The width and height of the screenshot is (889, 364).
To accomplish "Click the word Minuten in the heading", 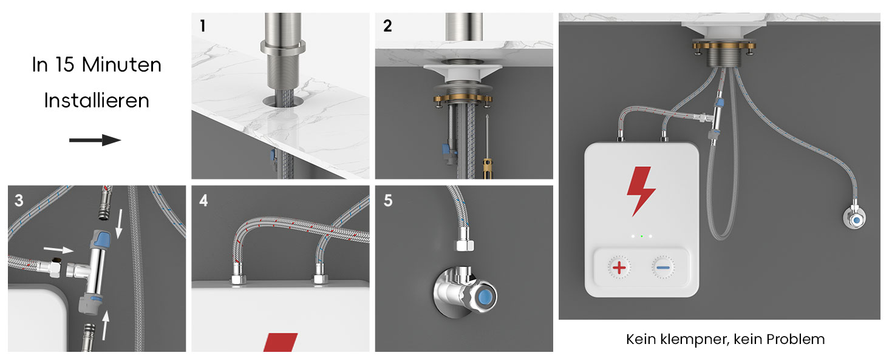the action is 121,65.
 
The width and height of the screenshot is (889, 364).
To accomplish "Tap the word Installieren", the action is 97,100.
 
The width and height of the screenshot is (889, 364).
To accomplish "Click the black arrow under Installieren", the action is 95,140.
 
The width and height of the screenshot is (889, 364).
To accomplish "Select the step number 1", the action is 203,25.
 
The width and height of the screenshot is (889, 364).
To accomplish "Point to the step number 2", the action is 387,25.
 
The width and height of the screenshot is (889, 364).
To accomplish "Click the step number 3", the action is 19,200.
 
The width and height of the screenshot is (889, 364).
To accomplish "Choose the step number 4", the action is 203,200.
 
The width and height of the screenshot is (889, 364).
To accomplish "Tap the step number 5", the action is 388,200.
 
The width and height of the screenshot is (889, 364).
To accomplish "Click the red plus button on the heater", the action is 619,268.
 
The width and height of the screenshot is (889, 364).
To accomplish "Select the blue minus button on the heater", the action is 662,268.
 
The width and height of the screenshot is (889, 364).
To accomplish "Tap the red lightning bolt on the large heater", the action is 641,191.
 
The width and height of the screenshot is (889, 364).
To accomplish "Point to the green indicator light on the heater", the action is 641,237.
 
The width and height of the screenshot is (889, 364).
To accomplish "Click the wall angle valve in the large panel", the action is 854,218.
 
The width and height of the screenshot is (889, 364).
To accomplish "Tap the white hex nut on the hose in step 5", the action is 464,244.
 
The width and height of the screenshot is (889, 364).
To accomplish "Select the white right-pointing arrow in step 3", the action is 58,249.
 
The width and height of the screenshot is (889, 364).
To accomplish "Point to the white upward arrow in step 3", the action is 105,325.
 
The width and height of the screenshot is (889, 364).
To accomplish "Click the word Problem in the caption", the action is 795,339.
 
